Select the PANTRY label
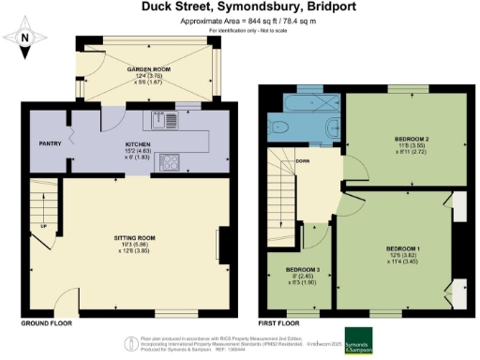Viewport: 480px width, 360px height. pos(49,145)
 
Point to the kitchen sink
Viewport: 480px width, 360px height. pos(158,119)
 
